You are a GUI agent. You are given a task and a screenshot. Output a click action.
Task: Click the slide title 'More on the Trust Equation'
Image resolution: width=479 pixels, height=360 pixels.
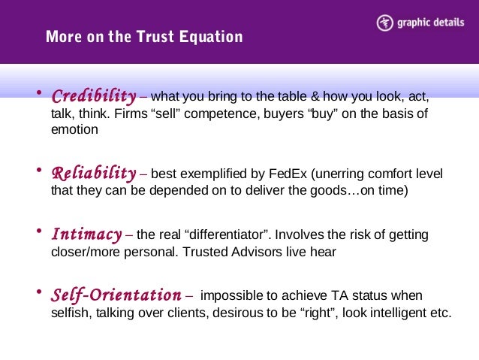(144, 37)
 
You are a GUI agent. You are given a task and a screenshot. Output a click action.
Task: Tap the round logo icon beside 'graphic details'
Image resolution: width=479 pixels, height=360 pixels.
(384, 23)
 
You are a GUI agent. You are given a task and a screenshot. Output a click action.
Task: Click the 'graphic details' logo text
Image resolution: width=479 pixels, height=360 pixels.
(427, 23)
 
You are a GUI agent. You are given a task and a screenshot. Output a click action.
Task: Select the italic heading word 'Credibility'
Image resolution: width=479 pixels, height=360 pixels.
(93, 98)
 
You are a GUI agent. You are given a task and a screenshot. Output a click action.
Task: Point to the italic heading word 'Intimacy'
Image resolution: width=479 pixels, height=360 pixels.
(86, 235)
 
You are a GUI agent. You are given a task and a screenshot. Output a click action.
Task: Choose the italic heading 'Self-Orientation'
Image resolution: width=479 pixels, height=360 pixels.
(116, 295)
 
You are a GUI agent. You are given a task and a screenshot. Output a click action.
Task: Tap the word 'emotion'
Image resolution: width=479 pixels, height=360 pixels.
(74, 129)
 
